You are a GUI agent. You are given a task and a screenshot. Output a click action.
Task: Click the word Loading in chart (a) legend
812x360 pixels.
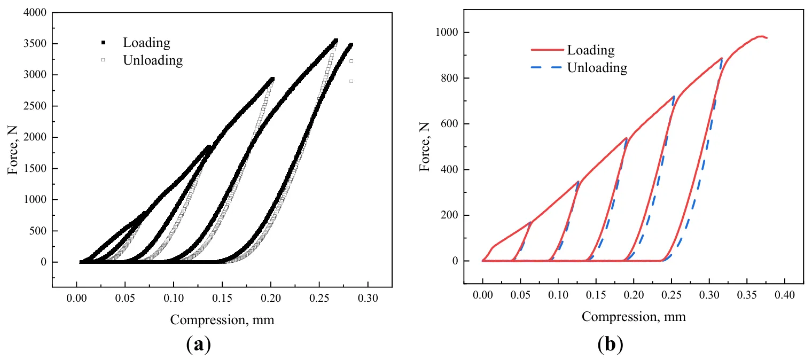coord(146,43)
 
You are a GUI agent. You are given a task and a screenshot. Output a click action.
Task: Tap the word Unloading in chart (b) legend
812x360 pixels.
coord(597,68)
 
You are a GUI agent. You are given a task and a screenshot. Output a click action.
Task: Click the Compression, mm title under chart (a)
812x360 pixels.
coord(222,320)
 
